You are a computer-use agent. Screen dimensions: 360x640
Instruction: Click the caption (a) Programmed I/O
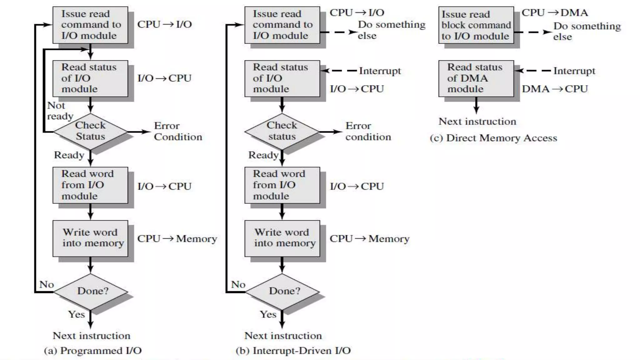tap(93, 351)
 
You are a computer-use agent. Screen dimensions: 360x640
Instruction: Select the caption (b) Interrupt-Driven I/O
tap(293, 351)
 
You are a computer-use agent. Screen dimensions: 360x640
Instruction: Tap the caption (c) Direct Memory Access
tap(493, 138)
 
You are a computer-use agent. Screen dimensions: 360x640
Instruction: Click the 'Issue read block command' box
tap(476, 25)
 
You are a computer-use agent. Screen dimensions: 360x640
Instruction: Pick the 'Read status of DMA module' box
tap(476, 78)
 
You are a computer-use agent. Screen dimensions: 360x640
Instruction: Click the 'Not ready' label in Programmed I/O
tap(60, 111)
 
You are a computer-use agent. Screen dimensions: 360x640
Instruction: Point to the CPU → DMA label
tap(555, 13)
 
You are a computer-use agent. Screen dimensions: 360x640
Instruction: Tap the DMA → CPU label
tap(555, 89)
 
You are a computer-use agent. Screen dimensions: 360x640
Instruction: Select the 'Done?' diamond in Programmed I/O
tap(91, 291)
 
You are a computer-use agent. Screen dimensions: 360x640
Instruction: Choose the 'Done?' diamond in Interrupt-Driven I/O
tap(282, 291)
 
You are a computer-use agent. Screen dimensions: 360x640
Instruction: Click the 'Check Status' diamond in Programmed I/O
tap(91, 131)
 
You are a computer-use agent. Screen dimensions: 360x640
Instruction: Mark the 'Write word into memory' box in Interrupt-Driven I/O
tap(282, 238)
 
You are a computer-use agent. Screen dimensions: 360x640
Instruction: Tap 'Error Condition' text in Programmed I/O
tap(178, 131)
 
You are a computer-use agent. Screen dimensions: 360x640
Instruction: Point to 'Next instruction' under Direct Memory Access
tap(477, 122)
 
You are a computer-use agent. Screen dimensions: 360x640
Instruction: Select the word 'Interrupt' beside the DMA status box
tap(574, 71)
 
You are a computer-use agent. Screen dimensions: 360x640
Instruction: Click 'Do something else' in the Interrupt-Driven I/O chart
tap(391, 30)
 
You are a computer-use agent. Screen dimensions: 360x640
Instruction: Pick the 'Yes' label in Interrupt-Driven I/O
tap(268, 314)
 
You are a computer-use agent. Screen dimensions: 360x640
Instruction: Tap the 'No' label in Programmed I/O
tap(47, 285)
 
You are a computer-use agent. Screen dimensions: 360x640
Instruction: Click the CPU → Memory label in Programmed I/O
tap(177, 239)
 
